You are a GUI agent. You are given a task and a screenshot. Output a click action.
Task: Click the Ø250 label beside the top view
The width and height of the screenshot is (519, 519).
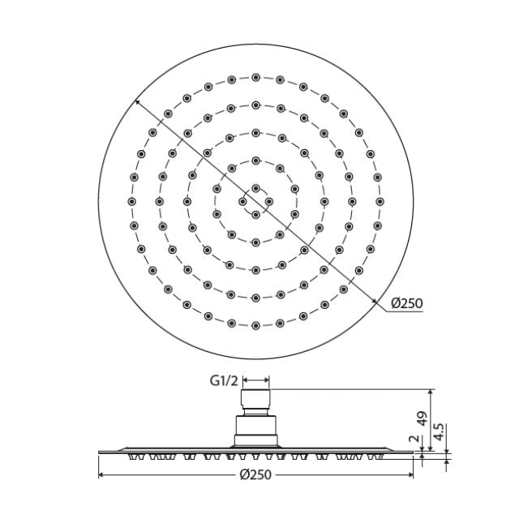pyautogui.click(x=406, y=303)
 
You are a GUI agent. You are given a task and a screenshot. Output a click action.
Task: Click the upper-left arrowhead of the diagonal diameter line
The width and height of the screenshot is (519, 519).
pyautogui.click(x=138, y=102)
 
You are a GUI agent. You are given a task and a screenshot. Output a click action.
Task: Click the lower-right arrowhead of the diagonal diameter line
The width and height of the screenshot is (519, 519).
pyautogui.click(x=375, y=301)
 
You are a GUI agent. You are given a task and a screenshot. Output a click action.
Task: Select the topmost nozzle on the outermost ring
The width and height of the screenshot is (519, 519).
pyautogui.click(x=255, y=77)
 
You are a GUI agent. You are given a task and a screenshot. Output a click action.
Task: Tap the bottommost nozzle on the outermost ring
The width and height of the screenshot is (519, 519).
pyautogui.click(x=255, y=326)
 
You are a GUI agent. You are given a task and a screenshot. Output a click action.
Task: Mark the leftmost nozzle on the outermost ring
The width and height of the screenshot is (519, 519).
pyautogui.click(x=131, y=201)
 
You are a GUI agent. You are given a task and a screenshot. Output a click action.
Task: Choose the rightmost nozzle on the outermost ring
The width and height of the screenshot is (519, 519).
pyautogui.click(x=380, y=201)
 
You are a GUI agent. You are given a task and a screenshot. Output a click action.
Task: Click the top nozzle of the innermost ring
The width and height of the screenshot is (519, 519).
pyautogui.click(x=255, y=188)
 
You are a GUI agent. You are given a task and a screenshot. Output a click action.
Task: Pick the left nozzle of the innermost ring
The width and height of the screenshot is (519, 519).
pyautogui.click(x=242, y=201)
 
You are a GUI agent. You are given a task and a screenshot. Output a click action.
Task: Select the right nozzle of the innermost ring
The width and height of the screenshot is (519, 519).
pyautogui.click(x=269, y=201)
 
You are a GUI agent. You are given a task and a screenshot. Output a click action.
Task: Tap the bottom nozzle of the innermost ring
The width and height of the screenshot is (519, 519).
pyautogui.click(x=255, y=214)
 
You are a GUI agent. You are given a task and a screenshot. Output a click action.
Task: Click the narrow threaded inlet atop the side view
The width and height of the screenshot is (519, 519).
pyautogui.click(x=256, y=402)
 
